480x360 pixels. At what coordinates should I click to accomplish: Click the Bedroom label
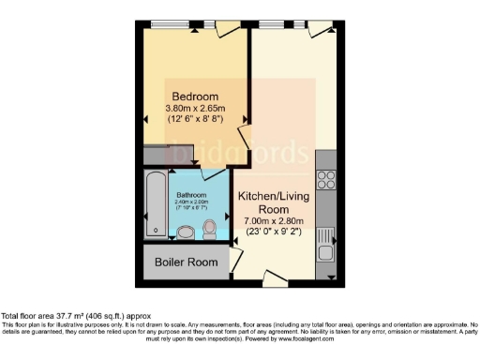[x=193, y=97]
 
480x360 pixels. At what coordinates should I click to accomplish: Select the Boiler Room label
[x=187, y=262]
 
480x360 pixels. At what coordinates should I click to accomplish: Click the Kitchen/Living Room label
[x=275, y=203]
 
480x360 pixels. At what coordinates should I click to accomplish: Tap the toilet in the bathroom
[x=209, y=228]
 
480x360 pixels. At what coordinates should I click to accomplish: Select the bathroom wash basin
[x=185, y=231]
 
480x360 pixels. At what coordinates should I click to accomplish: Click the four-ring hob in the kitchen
[x=327, y=178]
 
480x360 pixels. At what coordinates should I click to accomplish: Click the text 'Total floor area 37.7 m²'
[x=75, y=316]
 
